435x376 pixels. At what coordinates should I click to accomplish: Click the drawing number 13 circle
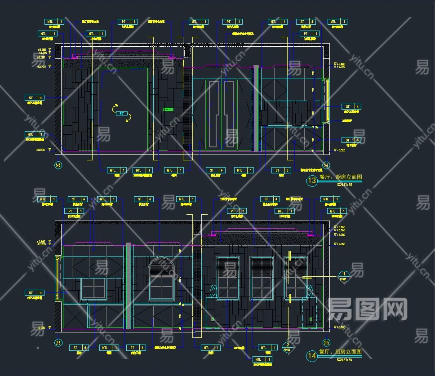coord(311,181)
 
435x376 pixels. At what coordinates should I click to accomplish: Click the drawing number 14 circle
coord(311,355)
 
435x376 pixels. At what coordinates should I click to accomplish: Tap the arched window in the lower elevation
coord(161,279)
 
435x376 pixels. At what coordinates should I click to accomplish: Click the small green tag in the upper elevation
coord(169,109)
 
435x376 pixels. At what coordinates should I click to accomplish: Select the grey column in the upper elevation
coord(256,108)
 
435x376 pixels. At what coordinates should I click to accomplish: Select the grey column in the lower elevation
coord(129,286)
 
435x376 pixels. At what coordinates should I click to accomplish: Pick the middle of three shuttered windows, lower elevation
coord(259,278)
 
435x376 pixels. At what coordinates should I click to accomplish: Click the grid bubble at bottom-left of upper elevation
coord(58,166)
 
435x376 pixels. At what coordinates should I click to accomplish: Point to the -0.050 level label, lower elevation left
coord(41,327)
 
